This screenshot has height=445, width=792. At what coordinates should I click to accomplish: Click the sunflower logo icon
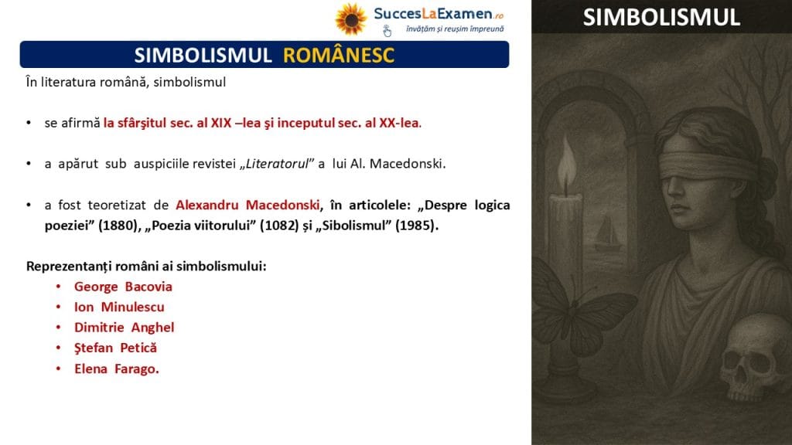(350, 19)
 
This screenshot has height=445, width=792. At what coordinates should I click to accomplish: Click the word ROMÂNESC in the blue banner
(339, 55)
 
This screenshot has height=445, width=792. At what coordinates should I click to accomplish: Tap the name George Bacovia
(123, 287)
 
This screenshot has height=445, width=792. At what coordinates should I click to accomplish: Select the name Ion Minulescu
(119, 307)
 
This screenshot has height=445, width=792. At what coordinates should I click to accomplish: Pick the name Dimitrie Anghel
(125, 328)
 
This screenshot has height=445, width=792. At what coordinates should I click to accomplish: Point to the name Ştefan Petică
(116, 348)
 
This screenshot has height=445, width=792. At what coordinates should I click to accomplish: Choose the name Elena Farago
(117, 369)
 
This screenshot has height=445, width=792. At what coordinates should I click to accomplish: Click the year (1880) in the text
(120, 225)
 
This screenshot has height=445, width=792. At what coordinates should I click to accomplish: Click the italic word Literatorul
(277, 164)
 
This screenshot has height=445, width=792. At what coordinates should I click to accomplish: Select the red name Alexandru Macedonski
(247, 205)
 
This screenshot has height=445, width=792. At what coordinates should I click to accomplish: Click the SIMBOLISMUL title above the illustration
(661, 18)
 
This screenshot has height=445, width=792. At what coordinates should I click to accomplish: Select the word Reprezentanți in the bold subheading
(65, 266)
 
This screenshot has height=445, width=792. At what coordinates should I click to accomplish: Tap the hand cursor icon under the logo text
(387, 31)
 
